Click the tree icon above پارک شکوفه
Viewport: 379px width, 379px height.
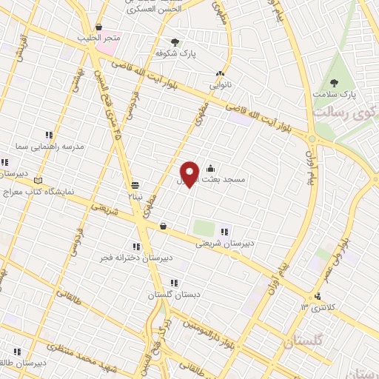click(x=175, y=42)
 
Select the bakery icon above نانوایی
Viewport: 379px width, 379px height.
click(x=220, y=73)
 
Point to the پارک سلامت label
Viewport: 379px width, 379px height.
click(x=334, y=95)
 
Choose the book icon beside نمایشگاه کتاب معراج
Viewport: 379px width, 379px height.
click(x=38, y=179)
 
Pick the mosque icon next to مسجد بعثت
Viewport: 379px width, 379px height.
click(x=212, y=167)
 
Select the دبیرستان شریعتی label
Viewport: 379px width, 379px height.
click(x=229, y=242)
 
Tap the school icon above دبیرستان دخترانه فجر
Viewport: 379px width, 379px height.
click(x=136, y=246)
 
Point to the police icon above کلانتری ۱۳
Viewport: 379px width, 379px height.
click(x=317, y=296)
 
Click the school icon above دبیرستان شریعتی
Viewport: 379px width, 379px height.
click(x=224, y=232)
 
